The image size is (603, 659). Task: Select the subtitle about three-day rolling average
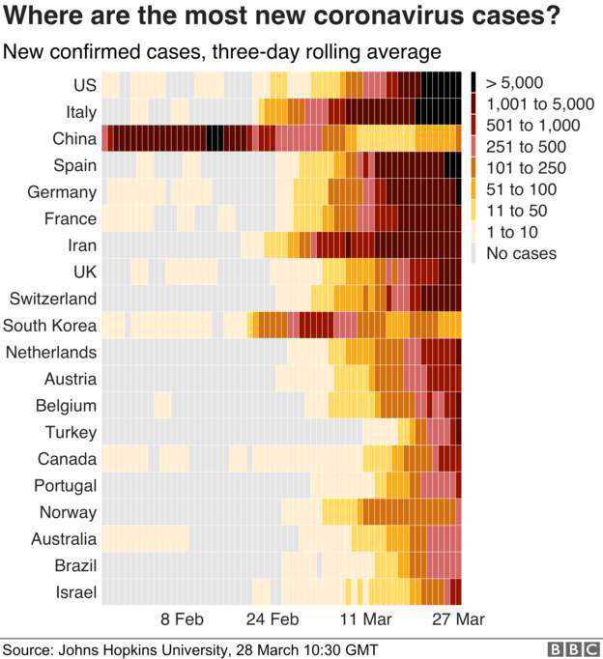pyautogui.click(x=222, y=50)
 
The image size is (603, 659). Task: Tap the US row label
pyautogui.click(x=84, y=85)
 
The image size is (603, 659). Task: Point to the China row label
pyautogui.click(x=74, y=139)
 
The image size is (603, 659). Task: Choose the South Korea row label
pyautogui.click(x=50, y=325)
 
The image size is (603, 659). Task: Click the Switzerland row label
pyautogui.click(x=54, y=298)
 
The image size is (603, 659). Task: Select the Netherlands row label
pyautogui.click(x=51, y=352)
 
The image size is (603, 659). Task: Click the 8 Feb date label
pyautogui.click(x=182, y=618)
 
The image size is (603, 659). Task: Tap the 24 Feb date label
pyautogui.click(x=273, y=618)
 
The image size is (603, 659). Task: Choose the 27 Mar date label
pyautogui.click(x=457, y=618)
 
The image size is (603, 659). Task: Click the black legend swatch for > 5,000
pyautogui.click(x=476, y=83)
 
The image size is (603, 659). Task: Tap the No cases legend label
pyautogui.click(x=522, y=253)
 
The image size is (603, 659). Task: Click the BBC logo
pyautogui.click(x=570, y=649)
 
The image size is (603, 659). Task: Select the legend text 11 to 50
pyautogui.click(x=521, y=211)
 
